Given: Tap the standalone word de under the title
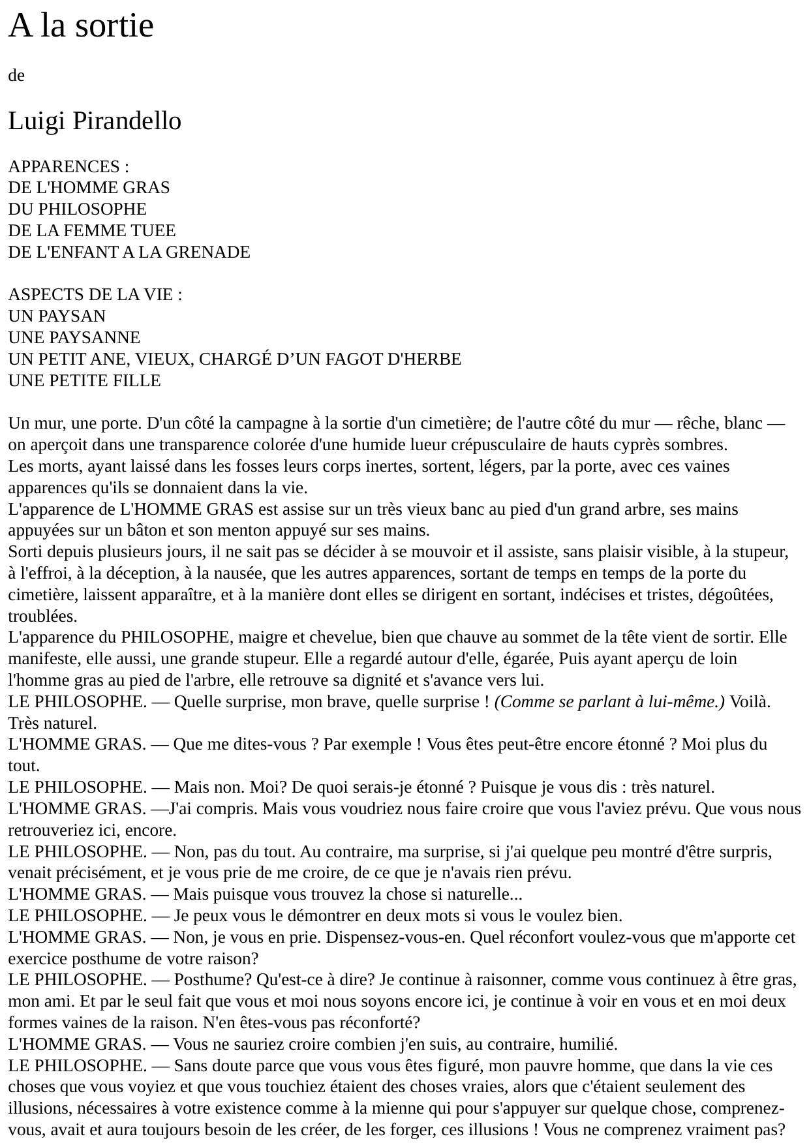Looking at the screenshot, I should (x=16, y=76).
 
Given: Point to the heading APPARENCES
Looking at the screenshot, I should (x=64, y=166).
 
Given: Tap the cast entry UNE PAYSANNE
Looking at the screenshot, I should (x=74, y=337).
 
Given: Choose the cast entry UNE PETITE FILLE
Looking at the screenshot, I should (x=84, y=380).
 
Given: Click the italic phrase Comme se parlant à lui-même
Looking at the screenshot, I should (x=609, y=702).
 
